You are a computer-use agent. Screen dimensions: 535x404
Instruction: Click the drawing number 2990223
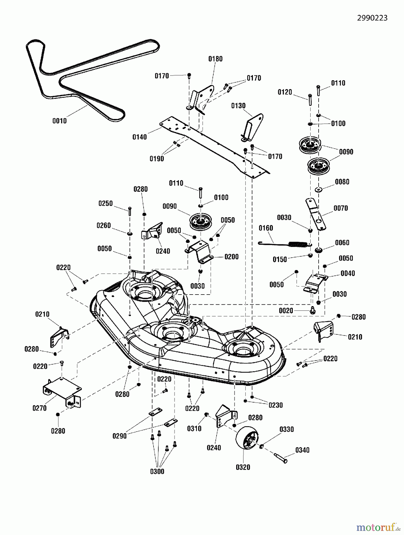click(x=372, y=18)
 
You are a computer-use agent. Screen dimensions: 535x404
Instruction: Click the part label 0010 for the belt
click(x=59, y=121)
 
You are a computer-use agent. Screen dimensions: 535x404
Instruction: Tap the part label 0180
click(x=215, y=59)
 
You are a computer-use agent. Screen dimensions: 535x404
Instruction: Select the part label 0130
click(x=238, y=106)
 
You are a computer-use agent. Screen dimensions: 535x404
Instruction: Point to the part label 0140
click(x=140, y=137)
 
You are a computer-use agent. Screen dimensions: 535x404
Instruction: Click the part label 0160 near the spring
click(x=266, y=228)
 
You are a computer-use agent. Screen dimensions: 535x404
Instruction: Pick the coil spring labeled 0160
click(x=286, y=244)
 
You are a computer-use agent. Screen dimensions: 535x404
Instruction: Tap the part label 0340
click(x=302, y=450)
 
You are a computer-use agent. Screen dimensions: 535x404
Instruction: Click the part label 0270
click(x=40, y=408)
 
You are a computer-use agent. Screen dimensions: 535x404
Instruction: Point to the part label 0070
click(x=341, y=208)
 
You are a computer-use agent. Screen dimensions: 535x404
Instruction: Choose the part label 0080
click(x=342, y=182)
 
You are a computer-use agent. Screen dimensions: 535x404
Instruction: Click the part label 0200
click(x=231, y=257)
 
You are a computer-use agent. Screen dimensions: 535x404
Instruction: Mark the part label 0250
click(x=106, y=203)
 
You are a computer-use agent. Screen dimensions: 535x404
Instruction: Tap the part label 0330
click(x=286, y=429)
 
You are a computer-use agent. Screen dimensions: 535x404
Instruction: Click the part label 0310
click(x=194, y=428)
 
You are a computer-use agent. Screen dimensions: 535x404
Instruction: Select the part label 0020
click(x=286, y=311)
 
